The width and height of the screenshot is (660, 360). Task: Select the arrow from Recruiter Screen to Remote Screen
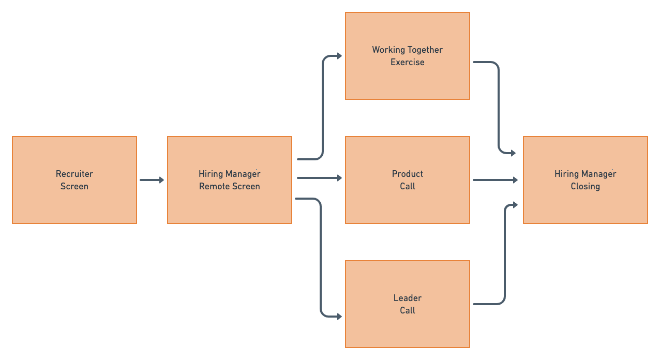(152, 180)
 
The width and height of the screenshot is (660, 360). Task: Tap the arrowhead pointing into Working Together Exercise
(339, 56)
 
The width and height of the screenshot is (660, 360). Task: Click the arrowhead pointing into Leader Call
(339, 316)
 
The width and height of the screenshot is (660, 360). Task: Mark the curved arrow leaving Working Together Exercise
(499, 103)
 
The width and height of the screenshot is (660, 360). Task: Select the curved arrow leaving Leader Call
(504, 259)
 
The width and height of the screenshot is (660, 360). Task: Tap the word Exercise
(408, 62)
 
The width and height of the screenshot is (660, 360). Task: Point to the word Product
(408, 174)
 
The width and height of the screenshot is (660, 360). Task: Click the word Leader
(408, 298)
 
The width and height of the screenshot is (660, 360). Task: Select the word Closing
(586, 186)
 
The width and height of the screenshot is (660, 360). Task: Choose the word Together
(425, 50)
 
